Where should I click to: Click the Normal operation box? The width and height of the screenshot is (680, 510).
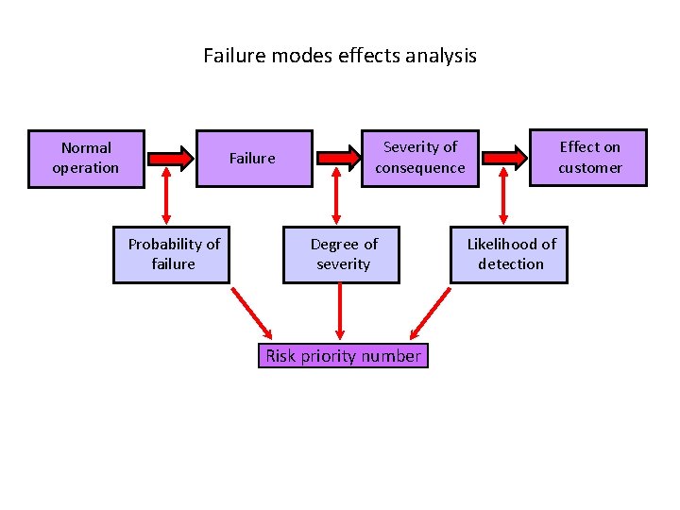click(86, 159)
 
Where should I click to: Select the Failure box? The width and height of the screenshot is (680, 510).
click(253, 159)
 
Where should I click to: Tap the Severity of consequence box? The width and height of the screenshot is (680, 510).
click(419, 158)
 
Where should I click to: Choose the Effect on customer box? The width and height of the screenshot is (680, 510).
click(589, 158)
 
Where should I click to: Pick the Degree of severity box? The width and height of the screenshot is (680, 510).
click(342, 254)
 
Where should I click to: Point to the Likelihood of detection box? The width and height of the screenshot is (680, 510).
click(510, 254)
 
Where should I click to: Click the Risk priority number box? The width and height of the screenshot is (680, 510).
click(343, 356)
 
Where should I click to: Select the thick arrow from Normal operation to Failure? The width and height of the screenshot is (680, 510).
click(170, 156)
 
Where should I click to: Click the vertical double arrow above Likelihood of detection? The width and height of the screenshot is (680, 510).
click(502, 197)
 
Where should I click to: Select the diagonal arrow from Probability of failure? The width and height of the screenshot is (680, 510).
click(251, 313)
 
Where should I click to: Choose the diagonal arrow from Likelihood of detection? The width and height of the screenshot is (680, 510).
click(431, 313)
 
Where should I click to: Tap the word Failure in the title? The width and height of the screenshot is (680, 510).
click(235, 56)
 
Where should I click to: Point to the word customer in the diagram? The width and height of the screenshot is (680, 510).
click(589, 168)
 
